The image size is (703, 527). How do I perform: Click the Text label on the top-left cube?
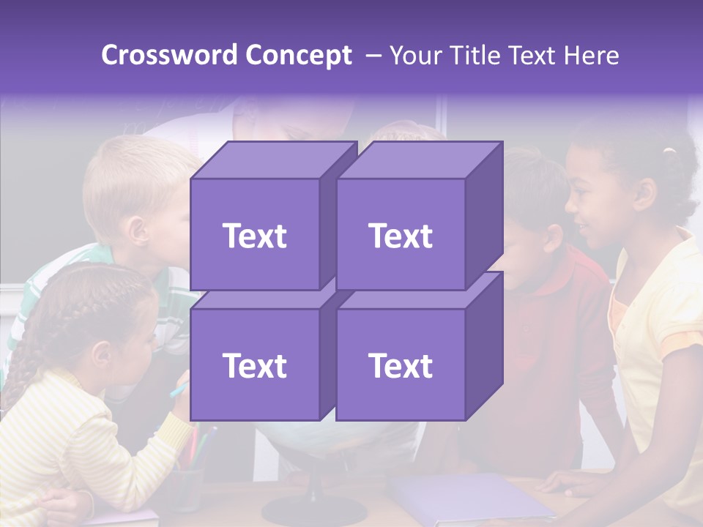pyautogui.click(x=254, y=236)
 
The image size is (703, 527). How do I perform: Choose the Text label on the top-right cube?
pyautogui.click(x=401, y=236)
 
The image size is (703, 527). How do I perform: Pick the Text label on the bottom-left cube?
pyautogui.click(x=254, y=365)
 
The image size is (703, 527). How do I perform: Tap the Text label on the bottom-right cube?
pyautogui.click(x=401, y=365)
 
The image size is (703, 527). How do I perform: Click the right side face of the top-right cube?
pyautogui.click(x=484, y=212)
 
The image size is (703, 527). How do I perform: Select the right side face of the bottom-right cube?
pyautogui.click(x=484, y=344)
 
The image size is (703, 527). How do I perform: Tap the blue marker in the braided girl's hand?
pyautogui.click(x=179, y=389)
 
